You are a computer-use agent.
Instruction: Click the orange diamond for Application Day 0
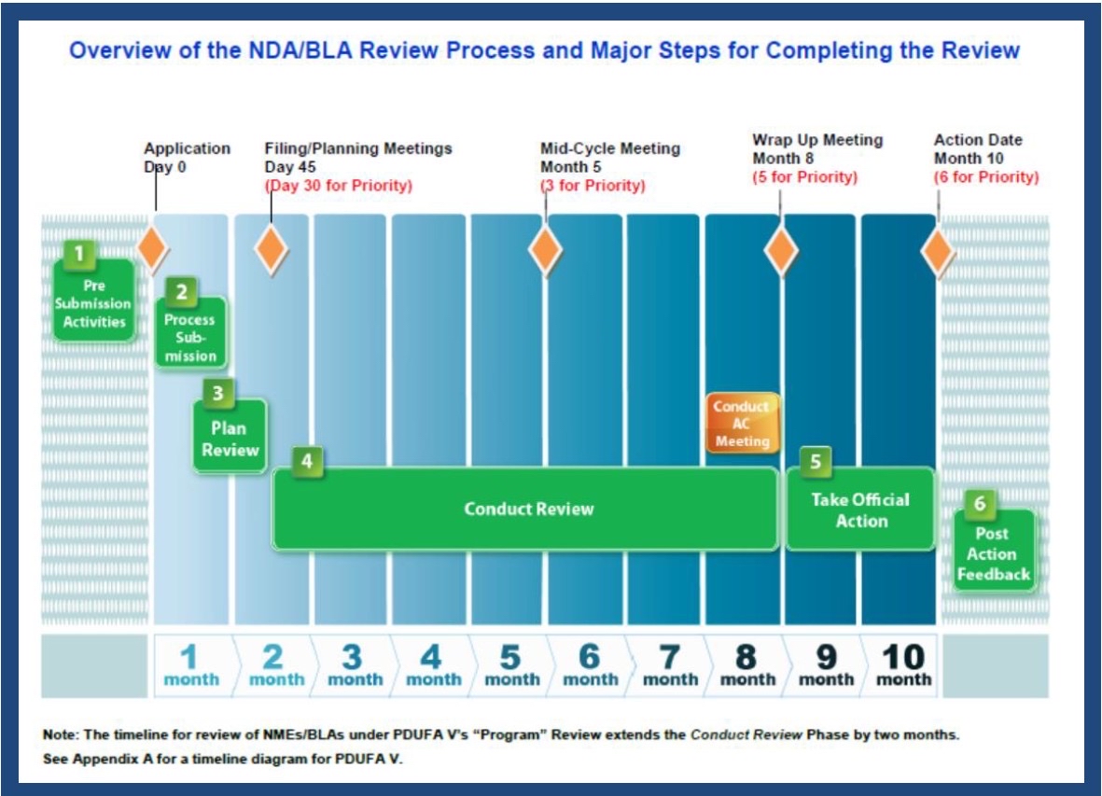click(x=152, y=248)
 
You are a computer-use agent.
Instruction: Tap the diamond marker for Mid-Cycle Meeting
click(x=545, y=249)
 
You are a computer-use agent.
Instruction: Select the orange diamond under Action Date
click(x=938, y=251)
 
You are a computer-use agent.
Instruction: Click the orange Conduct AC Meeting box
click(x=743, y=423)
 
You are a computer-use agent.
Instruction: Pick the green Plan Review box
click(x=230, y=437)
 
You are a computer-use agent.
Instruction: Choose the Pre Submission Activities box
click(x=94, y=300)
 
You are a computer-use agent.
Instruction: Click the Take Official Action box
click(x=861, y=509)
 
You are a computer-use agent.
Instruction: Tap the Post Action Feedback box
click(x=994, y=550)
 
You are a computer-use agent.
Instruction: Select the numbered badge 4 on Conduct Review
click(x=307, y=462)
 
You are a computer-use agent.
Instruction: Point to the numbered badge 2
click(x=181, y=291)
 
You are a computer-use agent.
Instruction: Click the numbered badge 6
click(x=980, y=503)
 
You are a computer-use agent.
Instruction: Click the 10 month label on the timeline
click(x=903, y=665)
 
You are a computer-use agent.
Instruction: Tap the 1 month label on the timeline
click(x=191, y=665)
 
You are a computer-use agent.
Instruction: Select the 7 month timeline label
click(x=671, y=665)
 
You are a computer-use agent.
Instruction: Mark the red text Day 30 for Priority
click(x=338, y=186)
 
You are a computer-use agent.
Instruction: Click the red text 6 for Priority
click(x=986, y=177)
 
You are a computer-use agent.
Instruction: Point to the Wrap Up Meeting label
click(x=817, y=140)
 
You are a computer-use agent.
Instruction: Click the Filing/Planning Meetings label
click(x=358, y=148)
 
